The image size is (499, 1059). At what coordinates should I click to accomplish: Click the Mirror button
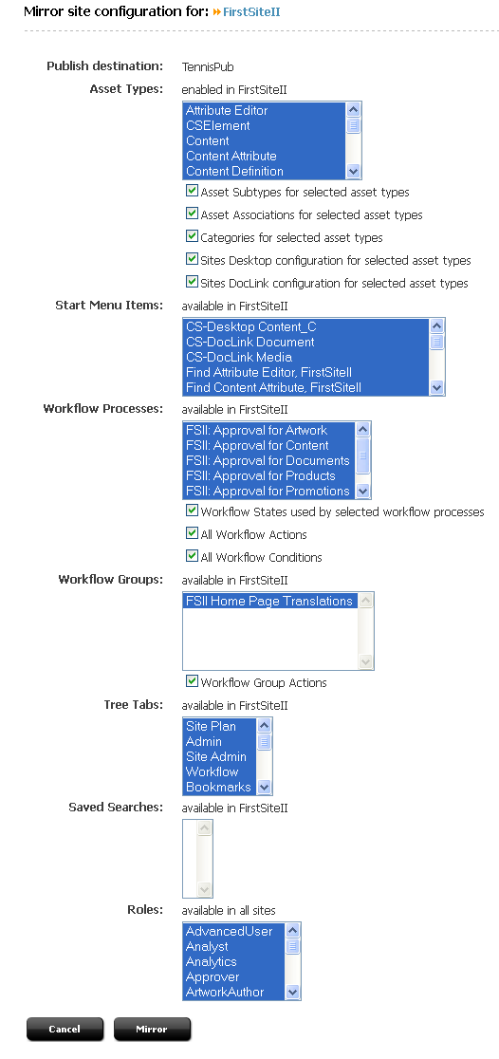(x=152, y=1029)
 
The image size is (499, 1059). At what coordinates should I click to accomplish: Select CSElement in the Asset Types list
(x=218, y=125)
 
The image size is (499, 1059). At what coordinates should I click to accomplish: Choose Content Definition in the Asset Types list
(x=234, y=171)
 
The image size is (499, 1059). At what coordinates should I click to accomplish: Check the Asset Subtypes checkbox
(x=193, y=191)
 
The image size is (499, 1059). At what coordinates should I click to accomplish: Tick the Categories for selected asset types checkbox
(x=193, y=236)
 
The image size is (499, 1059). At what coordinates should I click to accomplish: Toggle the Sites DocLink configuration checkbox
(x=193, y=282)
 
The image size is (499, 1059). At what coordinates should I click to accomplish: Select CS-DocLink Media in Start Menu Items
(x=239, y=358)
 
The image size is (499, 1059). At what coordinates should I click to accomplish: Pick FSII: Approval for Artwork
(x=256, y=430)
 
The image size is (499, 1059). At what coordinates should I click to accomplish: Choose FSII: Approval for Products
(x=261, y=475)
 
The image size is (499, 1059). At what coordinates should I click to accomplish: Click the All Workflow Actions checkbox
(x=193, y=533)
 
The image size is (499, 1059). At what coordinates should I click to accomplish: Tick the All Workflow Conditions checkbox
(x=193, y=556)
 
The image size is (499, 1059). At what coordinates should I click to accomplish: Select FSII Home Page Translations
(x=269, y=601)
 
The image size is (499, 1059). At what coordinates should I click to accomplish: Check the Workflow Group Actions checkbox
(x=193, y=681)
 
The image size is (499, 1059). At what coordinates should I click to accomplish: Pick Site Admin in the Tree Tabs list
(x=216, y=756)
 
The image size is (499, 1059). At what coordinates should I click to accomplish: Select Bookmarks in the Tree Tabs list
(x=218, y=787)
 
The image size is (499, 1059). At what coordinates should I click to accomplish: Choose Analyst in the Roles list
(x=207, y=946)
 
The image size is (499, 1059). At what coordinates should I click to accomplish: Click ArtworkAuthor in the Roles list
(x=225, y=992)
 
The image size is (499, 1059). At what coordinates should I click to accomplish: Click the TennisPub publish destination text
(x=208, y=66)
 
